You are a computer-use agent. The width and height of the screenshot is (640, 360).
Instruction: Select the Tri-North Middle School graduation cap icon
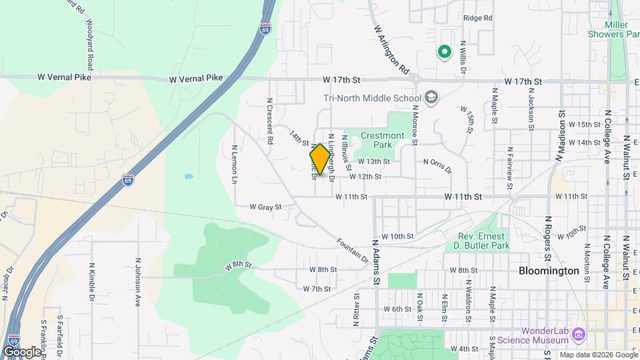click(x=431, y=98)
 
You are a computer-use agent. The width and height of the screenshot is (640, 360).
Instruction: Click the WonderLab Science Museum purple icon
click(x=578, y=333)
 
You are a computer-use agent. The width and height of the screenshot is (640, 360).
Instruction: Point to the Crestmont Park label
click(x=382, y=140)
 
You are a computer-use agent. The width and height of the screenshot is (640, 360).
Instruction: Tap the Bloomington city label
click(x=549, y=271)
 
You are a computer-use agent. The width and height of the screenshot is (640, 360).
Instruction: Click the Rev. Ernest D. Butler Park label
click(x=483, y=241)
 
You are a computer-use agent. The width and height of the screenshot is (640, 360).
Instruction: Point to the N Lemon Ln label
click(x=235, y=165)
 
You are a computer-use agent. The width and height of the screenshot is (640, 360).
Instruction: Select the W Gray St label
click(x=266, y=207)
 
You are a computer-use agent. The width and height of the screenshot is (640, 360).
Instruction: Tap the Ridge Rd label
click(x=477, y=18)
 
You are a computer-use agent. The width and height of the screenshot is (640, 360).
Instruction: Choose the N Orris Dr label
click(x=437, y=165)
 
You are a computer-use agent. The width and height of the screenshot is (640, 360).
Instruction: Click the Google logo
click(x=22, y=351)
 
